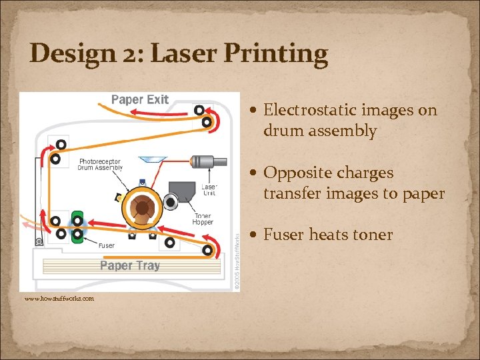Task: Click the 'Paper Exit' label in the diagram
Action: point(139,100)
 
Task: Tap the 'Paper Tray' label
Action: point(130,265)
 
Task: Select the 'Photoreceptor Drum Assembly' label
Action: point(101,165)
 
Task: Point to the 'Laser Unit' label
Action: point(209,190)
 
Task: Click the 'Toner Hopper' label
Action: point(203,220)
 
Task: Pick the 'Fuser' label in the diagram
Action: point(106,245)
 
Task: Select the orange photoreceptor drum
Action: point(142,207)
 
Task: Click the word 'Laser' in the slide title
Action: point(183,53)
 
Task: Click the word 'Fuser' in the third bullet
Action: point(283,235)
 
